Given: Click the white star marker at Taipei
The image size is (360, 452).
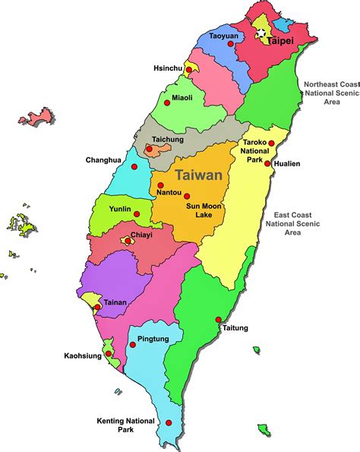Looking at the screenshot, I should click(x=261, y=33).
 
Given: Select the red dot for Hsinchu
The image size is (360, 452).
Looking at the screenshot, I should click(x=187, y=69).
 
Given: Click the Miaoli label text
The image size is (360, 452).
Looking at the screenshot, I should click(x=183, y=97).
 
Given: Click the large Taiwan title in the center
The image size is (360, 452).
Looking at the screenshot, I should click(x=199, y=175).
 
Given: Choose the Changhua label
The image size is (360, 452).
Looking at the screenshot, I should click(x=104, y=160).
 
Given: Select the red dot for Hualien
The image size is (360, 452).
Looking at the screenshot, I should click(x=267, y=163).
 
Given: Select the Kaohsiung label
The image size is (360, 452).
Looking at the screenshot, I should click(x=83, y=355).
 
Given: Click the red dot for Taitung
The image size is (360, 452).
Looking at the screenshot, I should click(x=219, y=319).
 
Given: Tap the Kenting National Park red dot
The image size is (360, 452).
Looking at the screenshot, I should click(x=169, y=423).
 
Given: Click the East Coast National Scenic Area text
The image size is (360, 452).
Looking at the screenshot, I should click(x=292, y=223).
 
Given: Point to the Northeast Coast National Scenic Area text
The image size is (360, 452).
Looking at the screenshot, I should click(x=330, y=93).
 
